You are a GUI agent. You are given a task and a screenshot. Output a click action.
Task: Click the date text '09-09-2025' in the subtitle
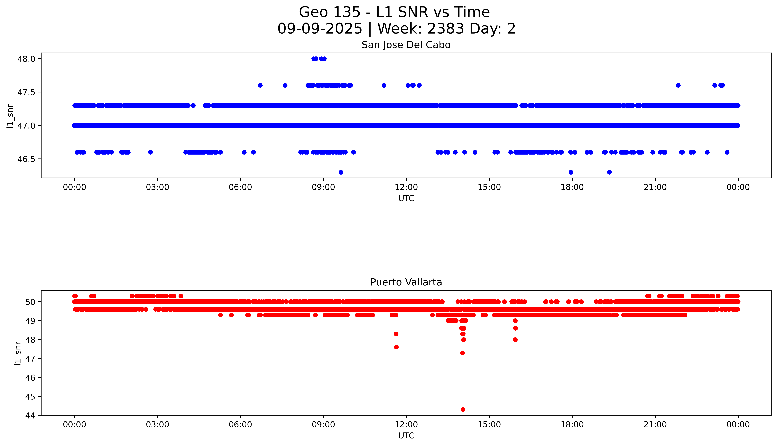(320, 29)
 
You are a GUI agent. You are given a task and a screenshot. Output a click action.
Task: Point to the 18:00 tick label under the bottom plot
(572, 425)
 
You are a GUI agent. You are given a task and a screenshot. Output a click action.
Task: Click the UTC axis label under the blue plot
(406, 199)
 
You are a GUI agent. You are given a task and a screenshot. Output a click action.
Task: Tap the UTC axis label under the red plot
(406, 436)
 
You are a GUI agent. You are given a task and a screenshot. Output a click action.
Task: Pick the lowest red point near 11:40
(396, 347)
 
